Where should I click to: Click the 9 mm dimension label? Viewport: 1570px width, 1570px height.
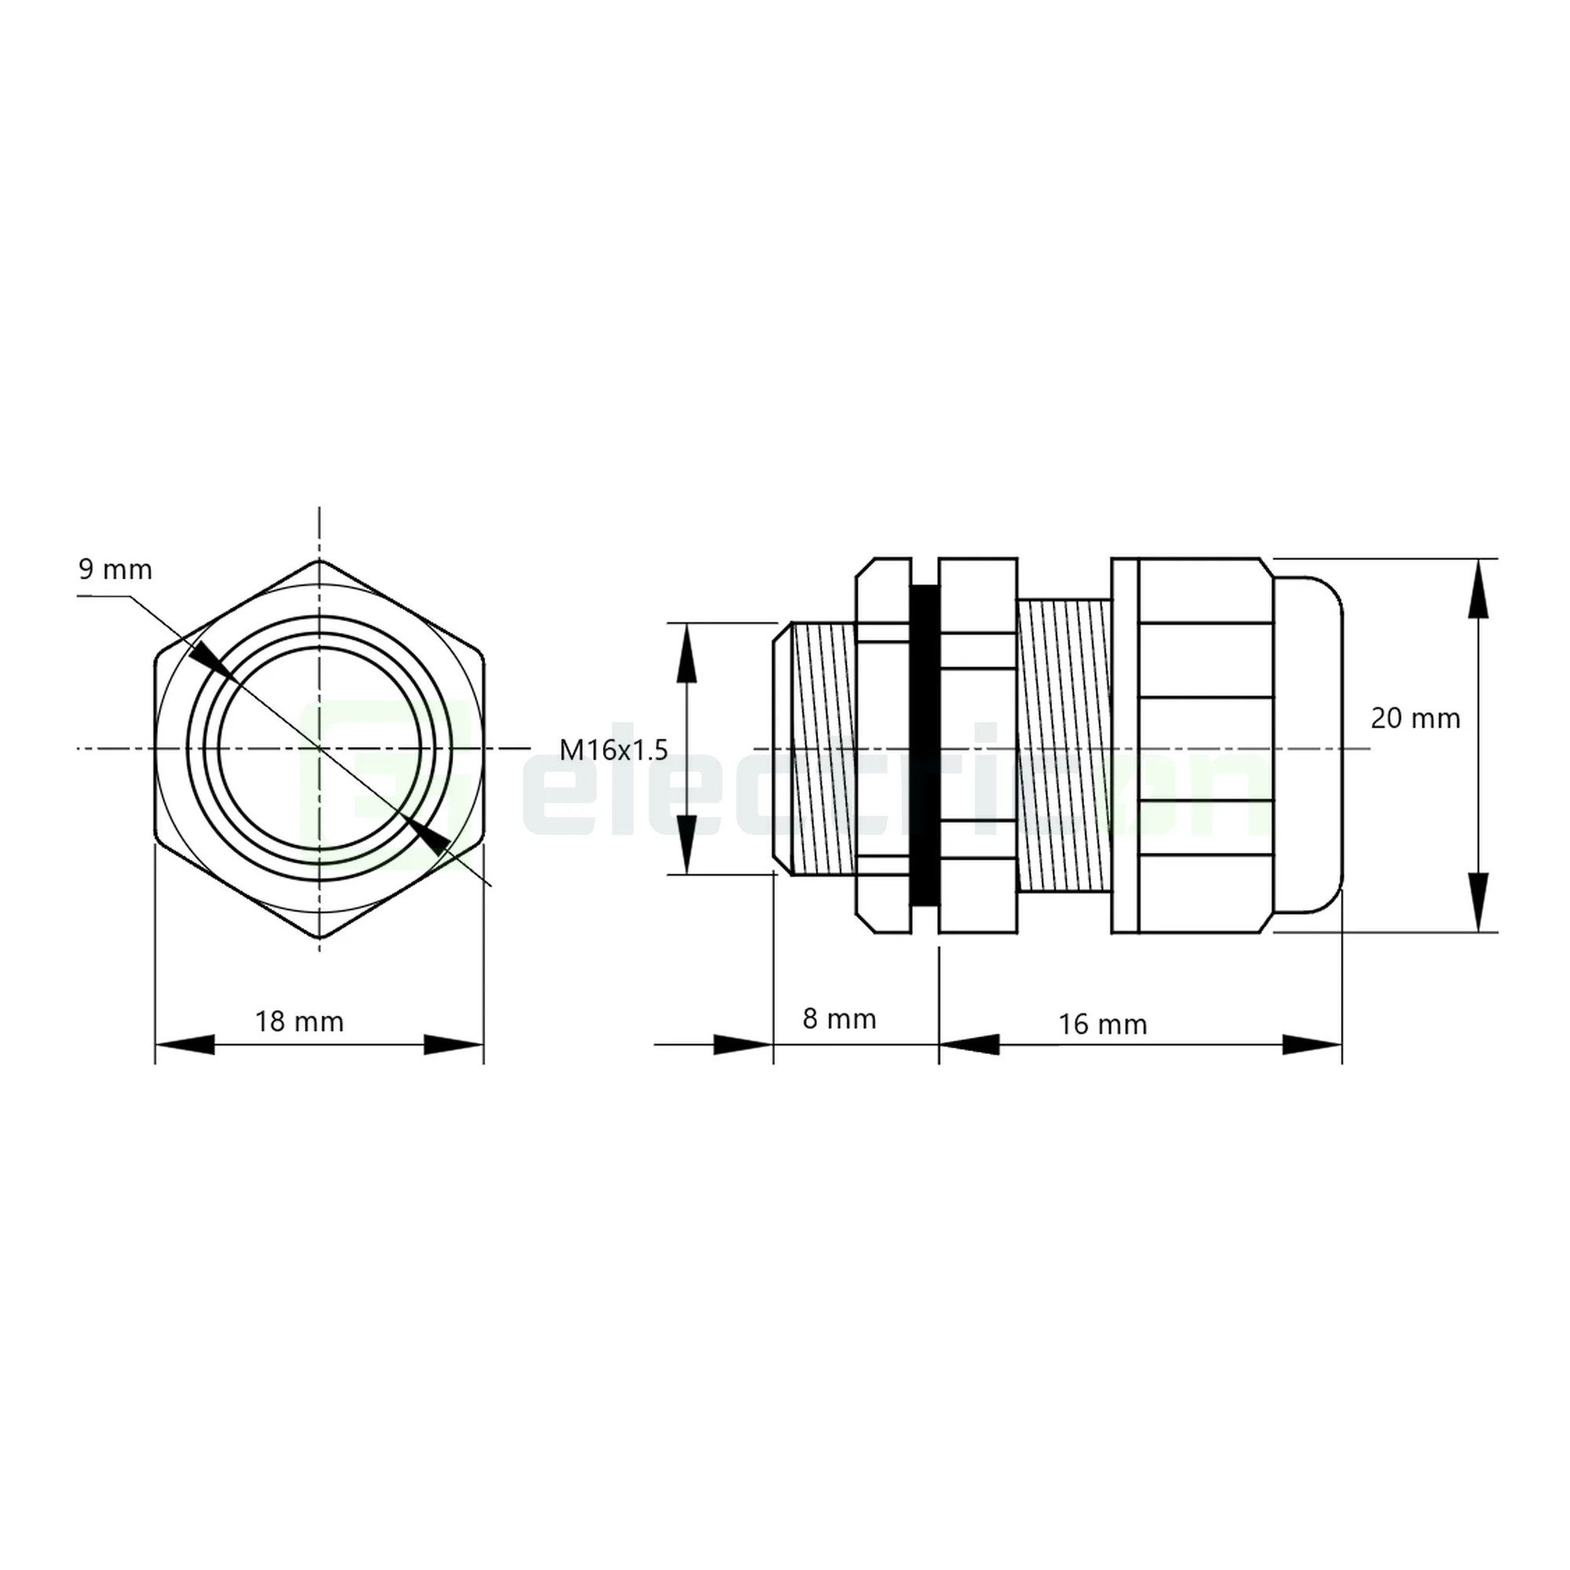point(115,570)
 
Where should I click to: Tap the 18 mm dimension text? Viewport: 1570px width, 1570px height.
point(299,1020)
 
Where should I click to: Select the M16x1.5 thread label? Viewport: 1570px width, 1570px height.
point(614,749)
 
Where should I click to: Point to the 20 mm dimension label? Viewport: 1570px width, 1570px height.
point(1415,718)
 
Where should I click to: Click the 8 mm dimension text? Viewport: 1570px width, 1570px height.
point(838,1018)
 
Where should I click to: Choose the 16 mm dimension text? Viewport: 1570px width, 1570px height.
point(1102,1024)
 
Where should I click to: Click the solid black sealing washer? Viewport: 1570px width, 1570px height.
point(924,744)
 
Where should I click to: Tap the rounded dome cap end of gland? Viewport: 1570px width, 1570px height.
point(1309,744)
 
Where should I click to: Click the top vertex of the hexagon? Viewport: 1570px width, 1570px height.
point(319,560)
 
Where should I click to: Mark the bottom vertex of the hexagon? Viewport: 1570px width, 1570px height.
point(319,938)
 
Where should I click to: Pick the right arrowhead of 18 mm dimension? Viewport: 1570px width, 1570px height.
point(454,1044)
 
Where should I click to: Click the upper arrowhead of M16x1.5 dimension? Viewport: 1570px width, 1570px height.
point(688,655)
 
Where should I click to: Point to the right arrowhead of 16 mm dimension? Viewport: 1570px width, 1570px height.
point(1311,1044)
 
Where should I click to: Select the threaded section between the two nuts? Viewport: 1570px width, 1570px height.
point(1064,746)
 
